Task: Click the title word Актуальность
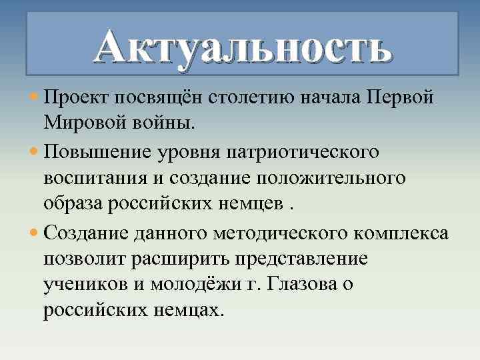click(241, 48)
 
